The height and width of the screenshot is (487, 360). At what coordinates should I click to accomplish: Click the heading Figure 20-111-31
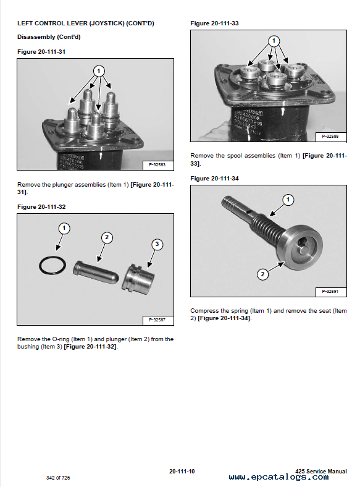coord(41,51)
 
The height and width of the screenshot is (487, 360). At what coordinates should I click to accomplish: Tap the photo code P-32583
coord(157,164)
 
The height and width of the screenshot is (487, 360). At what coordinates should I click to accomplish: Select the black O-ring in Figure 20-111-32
coord(52,265)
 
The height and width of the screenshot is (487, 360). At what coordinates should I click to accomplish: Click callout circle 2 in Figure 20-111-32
coord(107,237)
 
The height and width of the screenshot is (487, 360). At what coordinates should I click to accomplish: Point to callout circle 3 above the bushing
coord(157,244)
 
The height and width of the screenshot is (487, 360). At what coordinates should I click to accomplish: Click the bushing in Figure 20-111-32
coord(138,279)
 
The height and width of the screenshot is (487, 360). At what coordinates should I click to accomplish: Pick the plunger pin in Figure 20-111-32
coord(96,273)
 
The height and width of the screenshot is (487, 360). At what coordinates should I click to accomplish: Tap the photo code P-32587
coord(157,320)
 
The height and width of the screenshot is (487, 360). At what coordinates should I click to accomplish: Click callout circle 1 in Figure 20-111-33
coord(274,41)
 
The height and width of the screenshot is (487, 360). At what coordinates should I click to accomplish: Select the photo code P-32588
coord(330,136)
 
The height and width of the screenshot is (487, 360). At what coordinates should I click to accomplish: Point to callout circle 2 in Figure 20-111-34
coord(263,274)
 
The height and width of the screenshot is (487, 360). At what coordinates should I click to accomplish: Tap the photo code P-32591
coord(330,291)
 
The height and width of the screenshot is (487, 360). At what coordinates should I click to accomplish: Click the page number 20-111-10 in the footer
coord(182,471)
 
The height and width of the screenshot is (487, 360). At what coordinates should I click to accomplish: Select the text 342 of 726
coord(58,478)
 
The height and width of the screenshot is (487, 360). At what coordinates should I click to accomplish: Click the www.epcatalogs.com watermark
coord(278,477)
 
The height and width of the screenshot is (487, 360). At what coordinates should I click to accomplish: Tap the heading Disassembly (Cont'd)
coord(49,37)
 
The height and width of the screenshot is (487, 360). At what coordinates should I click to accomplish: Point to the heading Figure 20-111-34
coord(214,178)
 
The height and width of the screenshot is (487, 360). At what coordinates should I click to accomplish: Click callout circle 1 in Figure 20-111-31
coord(99,71)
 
